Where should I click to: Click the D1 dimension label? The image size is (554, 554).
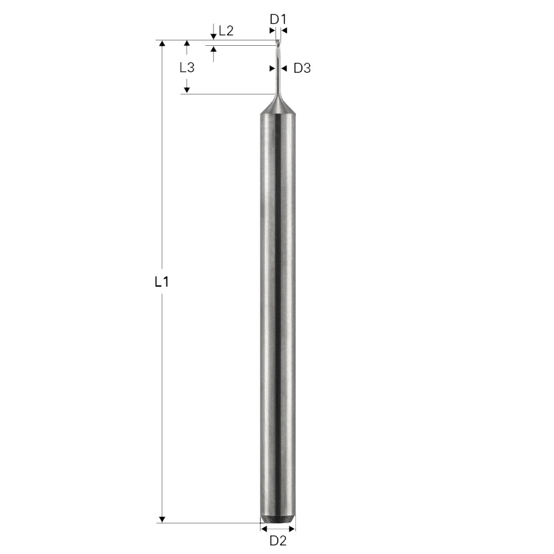pos(277,19)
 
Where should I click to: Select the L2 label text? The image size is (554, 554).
pos(226,31)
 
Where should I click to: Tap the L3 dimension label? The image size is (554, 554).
pos(187,68)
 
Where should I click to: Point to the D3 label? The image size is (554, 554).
pos(301,68)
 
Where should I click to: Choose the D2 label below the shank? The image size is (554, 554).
pos(277,540)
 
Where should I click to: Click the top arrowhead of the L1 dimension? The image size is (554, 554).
pos(162,44)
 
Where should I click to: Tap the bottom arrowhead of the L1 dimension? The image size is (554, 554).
pos(162,519)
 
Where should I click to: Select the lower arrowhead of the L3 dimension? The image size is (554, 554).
pos(187,90)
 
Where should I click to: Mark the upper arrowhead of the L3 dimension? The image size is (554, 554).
pos(187,44)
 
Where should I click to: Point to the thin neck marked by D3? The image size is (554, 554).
pos(277,75)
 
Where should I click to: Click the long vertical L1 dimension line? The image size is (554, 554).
pos(162,181)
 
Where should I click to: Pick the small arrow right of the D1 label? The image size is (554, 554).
pos(284,30)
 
